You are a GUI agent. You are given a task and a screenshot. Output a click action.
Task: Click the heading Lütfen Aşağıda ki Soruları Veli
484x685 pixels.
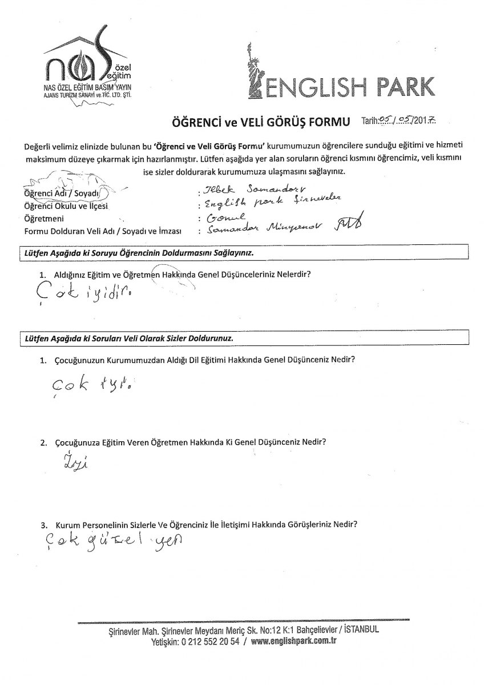tap(128, 338)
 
